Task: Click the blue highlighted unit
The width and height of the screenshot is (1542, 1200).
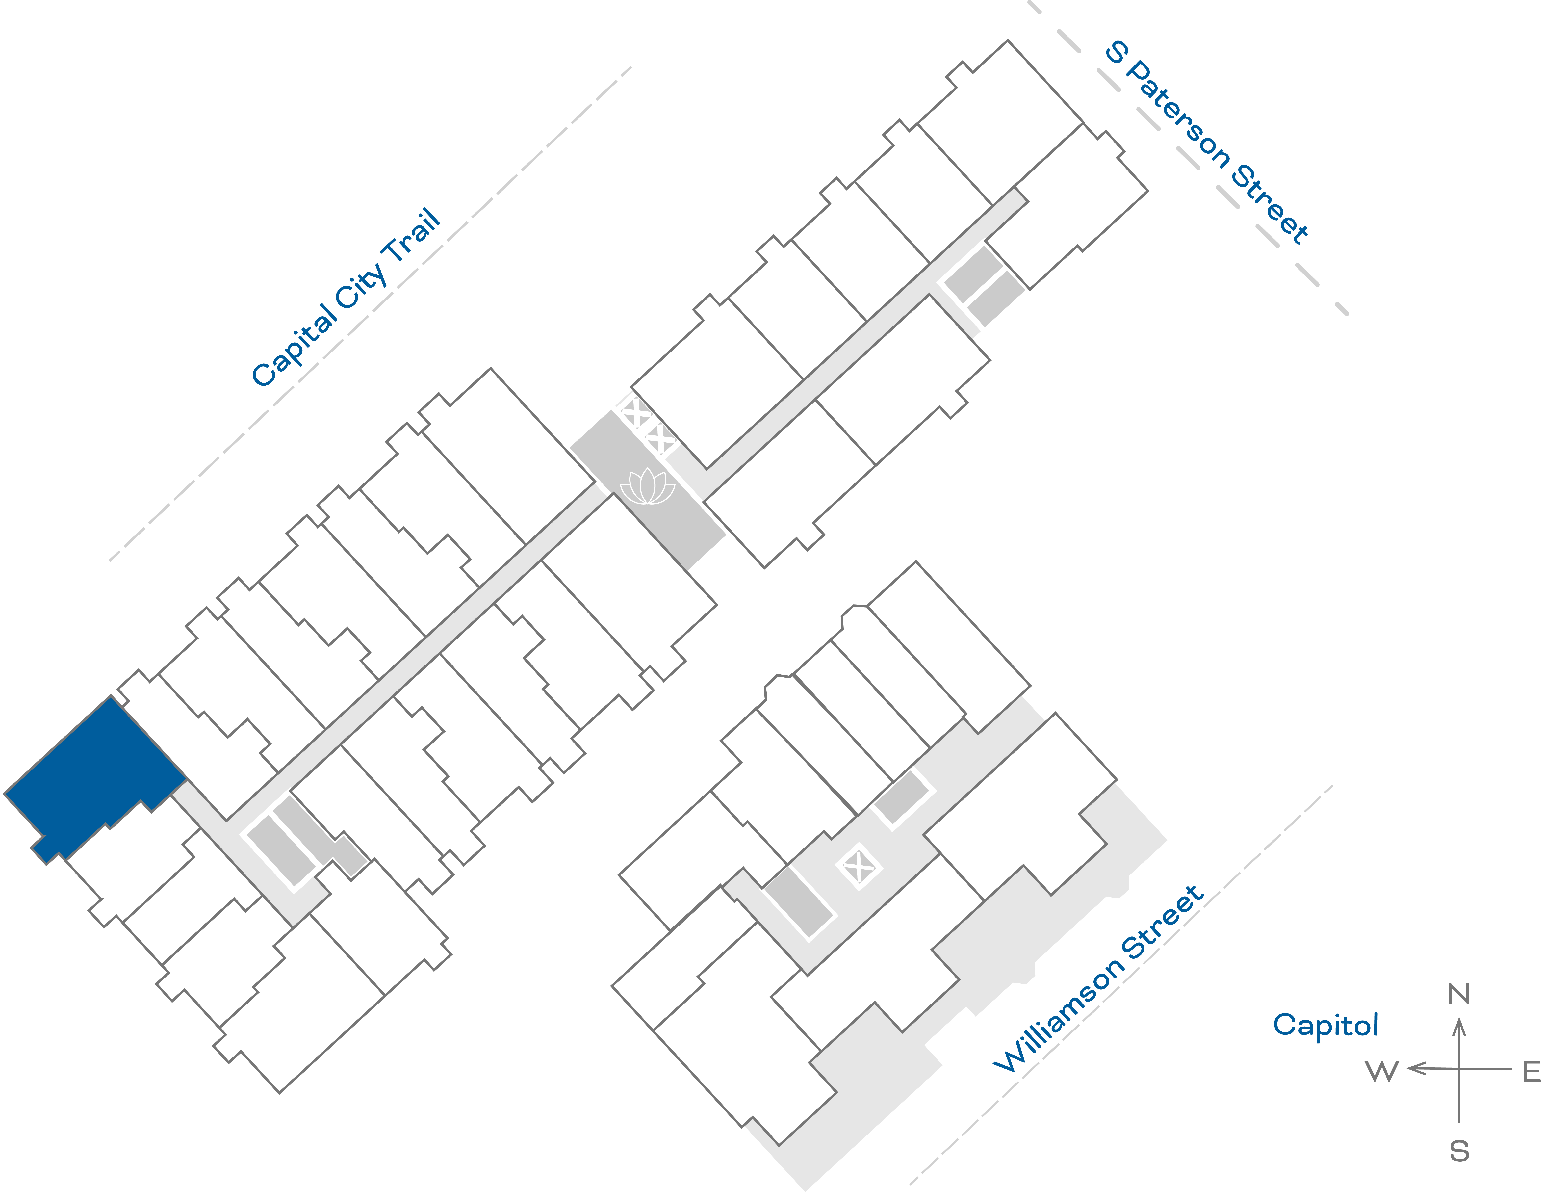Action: click(95, 777)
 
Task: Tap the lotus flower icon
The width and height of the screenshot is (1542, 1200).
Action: click(647, 487)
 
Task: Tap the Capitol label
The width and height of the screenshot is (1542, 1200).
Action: click(1325, 1025)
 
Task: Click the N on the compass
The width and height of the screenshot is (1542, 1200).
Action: click(1459, 994)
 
